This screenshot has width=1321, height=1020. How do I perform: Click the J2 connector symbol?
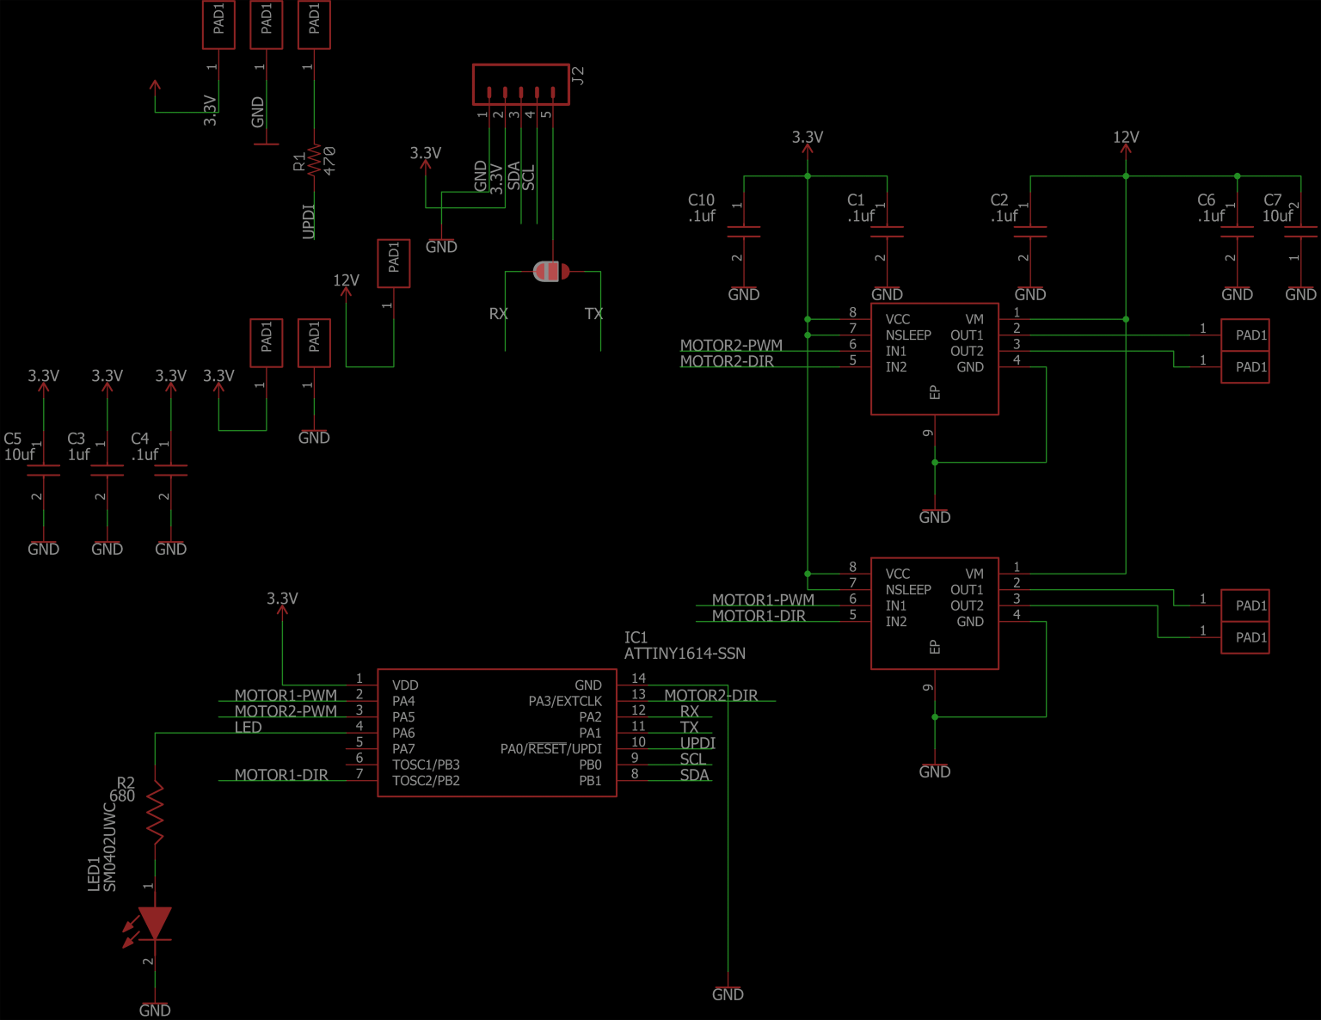520,84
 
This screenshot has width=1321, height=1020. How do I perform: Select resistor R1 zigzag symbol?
314,160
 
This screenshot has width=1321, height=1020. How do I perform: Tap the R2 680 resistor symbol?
155,811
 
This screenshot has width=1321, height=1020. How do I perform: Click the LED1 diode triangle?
155,923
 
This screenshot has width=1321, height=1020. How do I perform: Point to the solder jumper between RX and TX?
550,272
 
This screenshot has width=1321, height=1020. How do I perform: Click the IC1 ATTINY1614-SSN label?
684,646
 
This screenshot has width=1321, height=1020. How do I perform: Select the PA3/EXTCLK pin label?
564,701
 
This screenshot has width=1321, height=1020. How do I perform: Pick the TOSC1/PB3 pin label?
426,765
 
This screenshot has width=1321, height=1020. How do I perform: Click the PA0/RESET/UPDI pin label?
550,749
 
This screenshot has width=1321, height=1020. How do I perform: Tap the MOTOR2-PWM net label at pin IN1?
731,345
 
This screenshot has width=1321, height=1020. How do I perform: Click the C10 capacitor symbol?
744,231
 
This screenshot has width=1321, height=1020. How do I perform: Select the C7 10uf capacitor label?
1276,208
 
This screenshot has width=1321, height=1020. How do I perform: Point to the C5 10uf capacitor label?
19,446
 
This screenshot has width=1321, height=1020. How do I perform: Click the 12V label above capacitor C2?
1125,137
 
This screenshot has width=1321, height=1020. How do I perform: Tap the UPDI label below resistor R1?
309,221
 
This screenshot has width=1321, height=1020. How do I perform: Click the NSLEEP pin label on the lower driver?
908,590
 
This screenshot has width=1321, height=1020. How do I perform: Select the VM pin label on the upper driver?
974,319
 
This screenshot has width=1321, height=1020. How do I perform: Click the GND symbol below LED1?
155,1009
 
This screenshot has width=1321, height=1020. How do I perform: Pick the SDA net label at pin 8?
694,775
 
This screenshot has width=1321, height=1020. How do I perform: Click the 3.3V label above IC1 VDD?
282,599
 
